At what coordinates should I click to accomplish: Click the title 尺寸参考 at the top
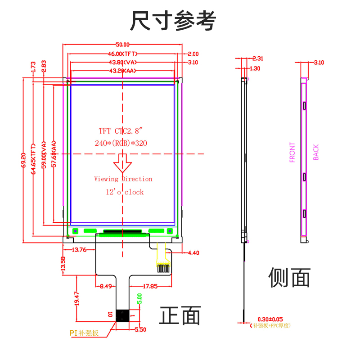click(x=173, y=21)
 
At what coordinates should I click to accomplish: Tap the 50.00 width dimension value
click(x=122, y=45)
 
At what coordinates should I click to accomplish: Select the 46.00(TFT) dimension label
click(x=122, y=54)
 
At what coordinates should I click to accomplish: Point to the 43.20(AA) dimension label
click(x=122, y=71)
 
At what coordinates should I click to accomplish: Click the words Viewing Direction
click(x=123, y=179)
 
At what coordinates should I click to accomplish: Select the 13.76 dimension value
click(x=76, y=249)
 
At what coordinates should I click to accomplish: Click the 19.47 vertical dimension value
click(x=76, y=298)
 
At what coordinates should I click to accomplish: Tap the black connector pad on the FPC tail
click(x=122, y=315)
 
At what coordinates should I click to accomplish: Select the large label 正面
click(x=180, y=315)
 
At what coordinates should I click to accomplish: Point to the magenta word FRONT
click(x=292, y=152)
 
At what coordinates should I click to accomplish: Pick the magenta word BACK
click(x=316, y=152)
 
